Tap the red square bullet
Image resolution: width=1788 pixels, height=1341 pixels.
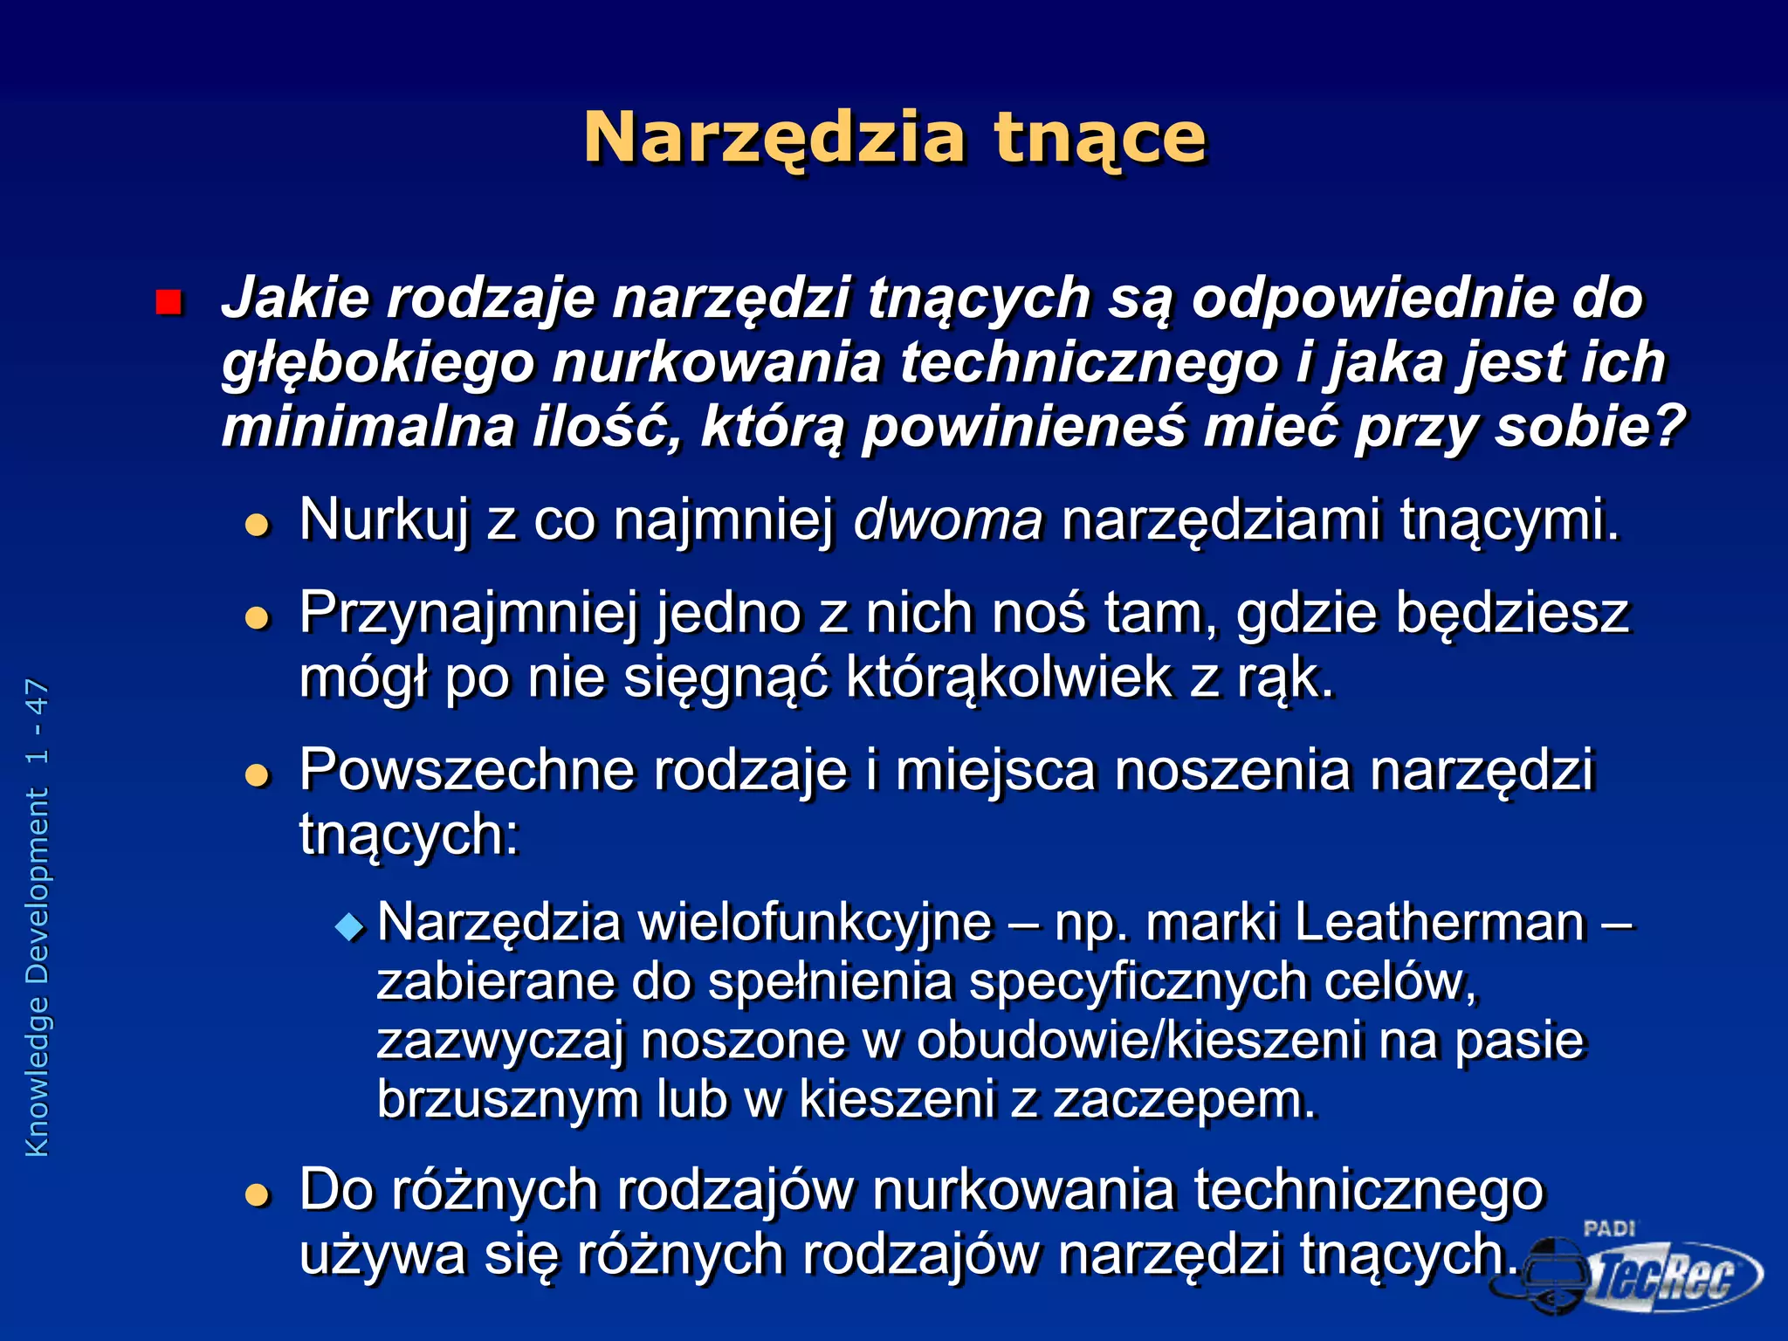coord(168,303)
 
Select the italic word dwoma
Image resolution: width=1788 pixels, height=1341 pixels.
coord(948,519)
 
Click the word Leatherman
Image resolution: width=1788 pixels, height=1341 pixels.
coord(1440,923)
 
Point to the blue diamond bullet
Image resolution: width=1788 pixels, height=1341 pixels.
coord(349,926)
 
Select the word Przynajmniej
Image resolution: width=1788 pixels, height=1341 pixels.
coord(468,615)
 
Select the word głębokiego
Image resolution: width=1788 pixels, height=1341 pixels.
coord(377,364)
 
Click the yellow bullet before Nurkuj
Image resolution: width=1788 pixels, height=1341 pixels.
coord(257,525)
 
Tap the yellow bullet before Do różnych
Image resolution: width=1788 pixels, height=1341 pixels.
coord(257,1194)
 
